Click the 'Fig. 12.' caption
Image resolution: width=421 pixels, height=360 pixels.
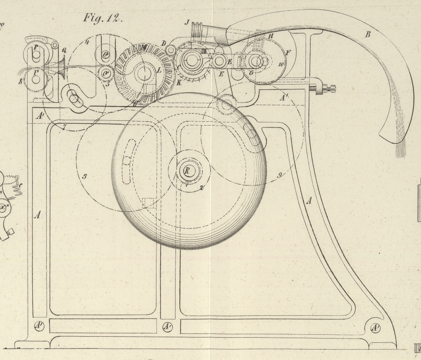coord(103,19)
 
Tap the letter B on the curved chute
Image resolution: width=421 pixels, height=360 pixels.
coord(366,34)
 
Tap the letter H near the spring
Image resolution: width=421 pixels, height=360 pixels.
coord(271,36)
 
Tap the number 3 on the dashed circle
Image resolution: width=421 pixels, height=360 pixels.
coord(84,177)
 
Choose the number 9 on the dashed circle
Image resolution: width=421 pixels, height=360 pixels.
coord(280,175)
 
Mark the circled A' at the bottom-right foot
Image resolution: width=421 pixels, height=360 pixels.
coord(375,328)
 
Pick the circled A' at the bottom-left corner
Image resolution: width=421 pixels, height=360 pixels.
coord(39,327)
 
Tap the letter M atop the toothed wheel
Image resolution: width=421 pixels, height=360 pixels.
coord(142,48)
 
